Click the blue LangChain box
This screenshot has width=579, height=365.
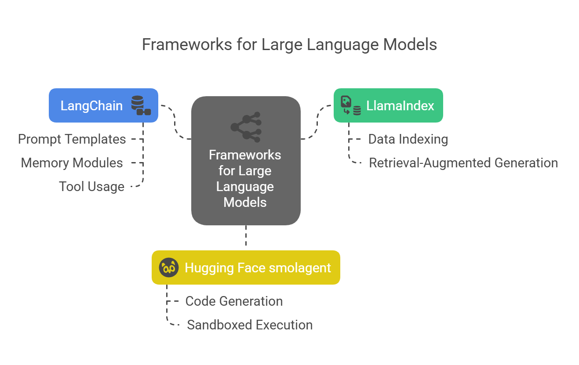(103, 105)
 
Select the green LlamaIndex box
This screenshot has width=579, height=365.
(388, 105)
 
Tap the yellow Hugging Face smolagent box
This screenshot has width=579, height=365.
(246, 267)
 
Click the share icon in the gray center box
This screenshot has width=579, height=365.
(246, 127)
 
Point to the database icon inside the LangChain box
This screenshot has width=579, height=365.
(141, 105)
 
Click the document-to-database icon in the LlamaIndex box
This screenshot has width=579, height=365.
(351, 105)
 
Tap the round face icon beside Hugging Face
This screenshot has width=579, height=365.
(168, 267)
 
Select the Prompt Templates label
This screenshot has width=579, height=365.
(72, 139)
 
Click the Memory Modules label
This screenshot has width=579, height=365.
(72, 163)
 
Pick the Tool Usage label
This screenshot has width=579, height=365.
(92, 187)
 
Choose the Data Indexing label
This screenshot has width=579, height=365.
(408, 139)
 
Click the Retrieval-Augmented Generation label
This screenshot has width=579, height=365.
(463, 163)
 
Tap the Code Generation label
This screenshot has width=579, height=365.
(234, 301)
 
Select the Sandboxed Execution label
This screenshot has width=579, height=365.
(250, 325)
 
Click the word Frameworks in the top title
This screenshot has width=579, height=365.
(187, 44)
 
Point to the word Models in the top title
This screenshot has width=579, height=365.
(410, 44)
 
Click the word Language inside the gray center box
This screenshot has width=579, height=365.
(245, 187)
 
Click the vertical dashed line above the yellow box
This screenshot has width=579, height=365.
(246, 235)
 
